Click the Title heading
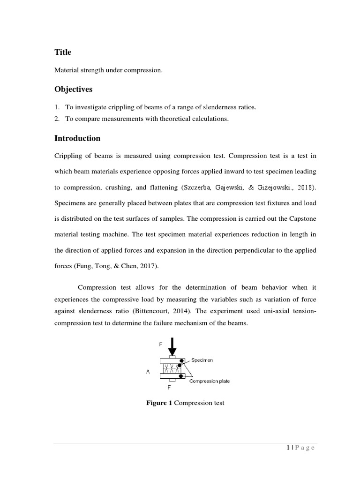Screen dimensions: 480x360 (63, 52)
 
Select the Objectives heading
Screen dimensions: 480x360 (74, 89)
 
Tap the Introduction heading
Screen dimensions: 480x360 (77, 138)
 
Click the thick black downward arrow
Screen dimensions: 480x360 (172, 348)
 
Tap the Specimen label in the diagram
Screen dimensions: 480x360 (202, 360)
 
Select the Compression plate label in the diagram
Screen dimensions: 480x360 (210, 381)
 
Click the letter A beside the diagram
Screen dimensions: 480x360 (148, 371)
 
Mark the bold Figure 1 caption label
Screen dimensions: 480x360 (159, 403)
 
